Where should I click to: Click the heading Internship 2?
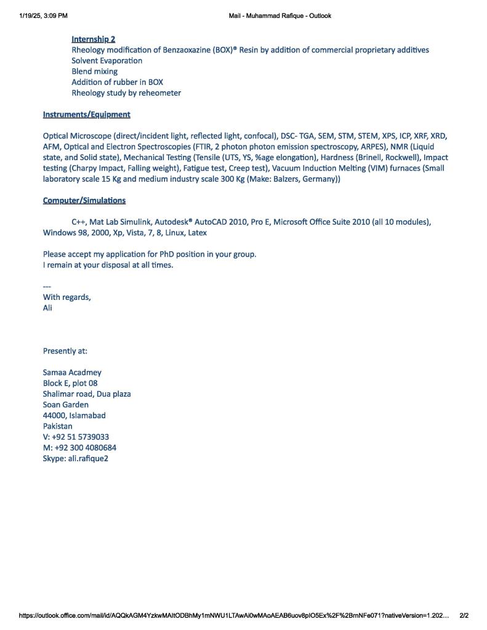point(94,39)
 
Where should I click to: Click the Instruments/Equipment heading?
point(86,115)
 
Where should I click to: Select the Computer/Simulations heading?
point(84,201)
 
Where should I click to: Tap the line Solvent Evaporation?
point(107,60)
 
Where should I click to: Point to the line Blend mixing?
point(94,71)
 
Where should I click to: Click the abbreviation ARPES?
point(369,147)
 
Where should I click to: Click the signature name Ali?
point(47,308)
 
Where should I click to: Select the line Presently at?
point(65,351)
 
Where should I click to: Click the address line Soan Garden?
point(65,405)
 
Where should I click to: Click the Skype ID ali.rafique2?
point(87,459)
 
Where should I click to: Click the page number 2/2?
point(464,615)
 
